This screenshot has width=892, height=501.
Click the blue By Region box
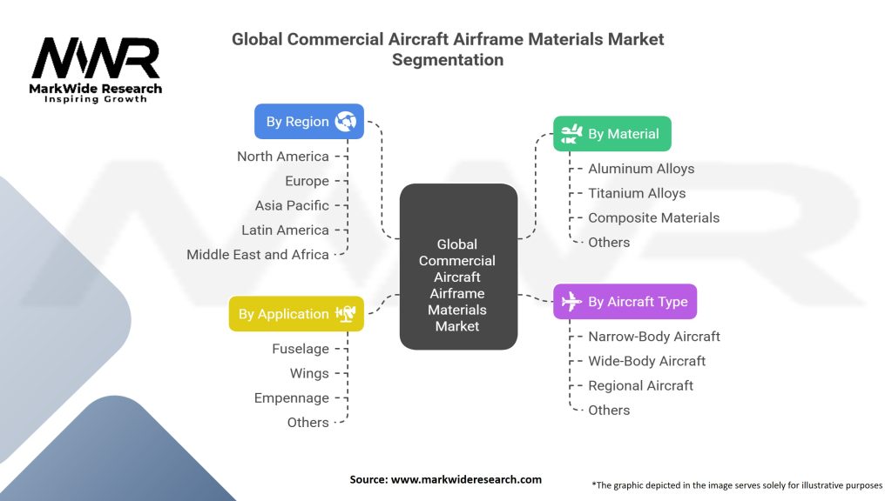coord(308,122)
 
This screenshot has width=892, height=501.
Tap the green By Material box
coord(612,134)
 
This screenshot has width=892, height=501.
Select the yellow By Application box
coord(296,314)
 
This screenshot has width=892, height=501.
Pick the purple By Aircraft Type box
coord(625,302)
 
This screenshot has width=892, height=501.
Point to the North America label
coord(283,157)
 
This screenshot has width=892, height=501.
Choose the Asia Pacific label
coord(292,205)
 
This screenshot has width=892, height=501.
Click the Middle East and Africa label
coord(258,255)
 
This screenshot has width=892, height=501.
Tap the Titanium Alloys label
coord(637,193)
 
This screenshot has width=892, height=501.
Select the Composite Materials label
coord(653,217)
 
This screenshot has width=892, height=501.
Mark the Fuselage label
coord(301,349)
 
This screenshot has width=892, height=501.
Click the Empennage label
coord(292,397)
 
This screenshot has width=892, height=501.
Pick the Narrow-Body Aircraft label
coord(654,337)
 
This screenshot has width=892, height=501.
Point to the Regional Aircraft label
coord(641,385)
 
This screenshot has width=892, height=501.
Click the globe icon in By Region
coord(346,122)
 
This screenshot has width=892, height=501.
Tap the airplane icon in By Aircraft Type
coord(571,302)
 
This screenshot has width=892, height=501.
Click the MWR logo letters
coord(96,59)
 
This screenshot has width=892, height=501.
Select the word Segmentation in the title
coord(447,60)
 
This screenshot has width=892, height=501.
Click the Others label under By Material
coord(609,242)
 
